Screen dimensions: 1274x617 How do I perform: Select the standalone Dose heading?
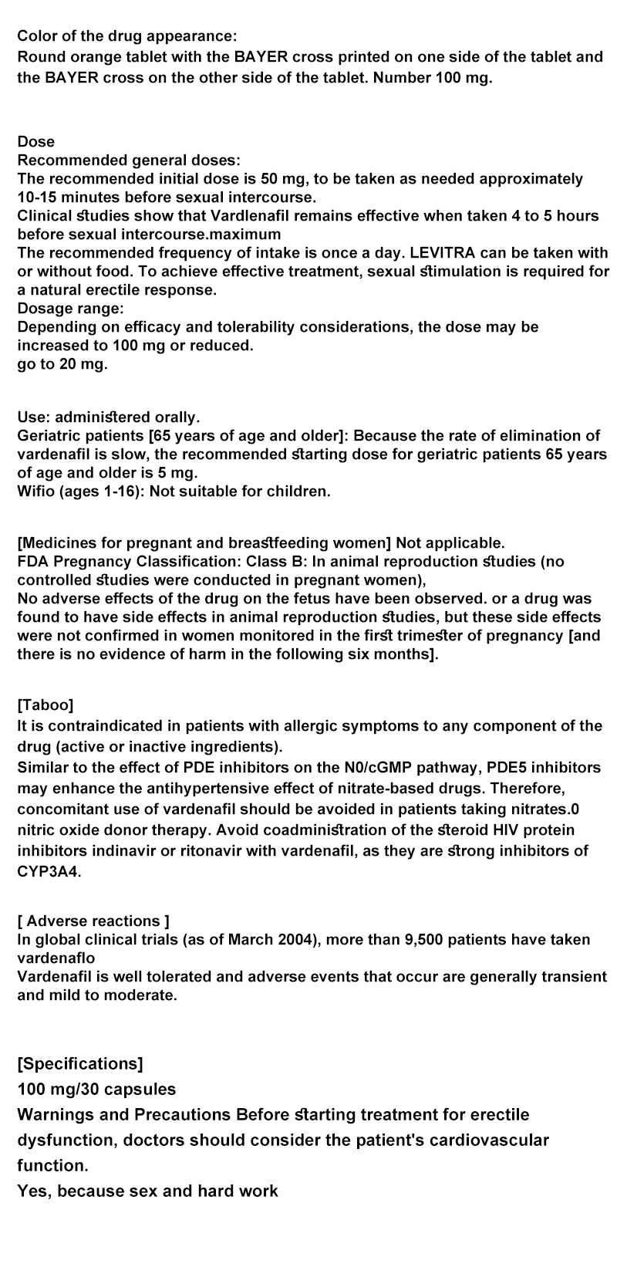(x=36, y=141)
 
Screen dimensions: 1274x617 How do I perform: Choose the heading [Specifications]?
(x=80, y=1064)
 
